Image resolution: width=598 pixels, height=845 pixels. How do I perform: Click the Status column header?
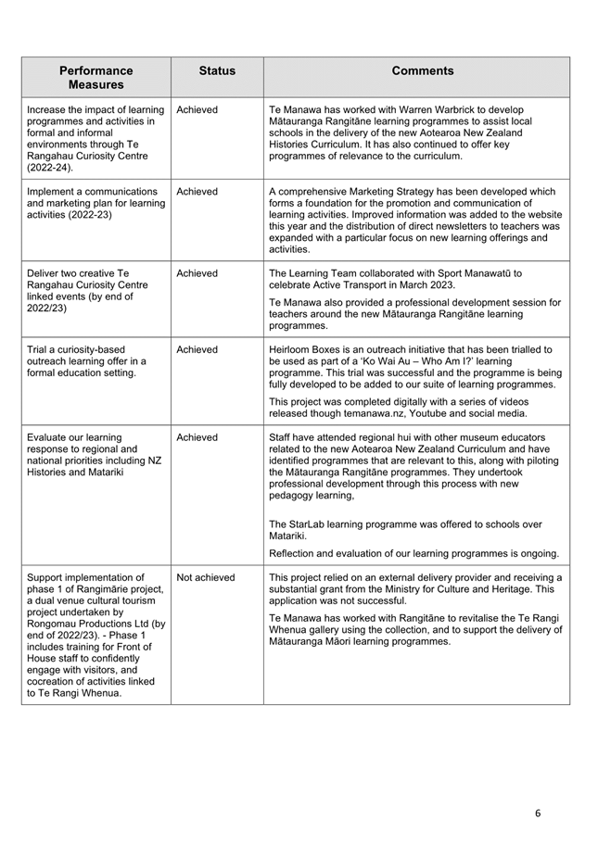tap(217, 71)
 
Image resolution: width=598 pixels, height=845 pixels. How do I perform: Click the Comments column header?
tap(422, 71)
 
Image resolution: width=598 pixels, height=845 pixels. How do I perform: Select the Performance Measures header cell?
tap(95, 78)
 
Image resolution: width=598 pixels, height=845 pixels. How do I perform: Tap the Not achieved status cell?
tap(206, 577)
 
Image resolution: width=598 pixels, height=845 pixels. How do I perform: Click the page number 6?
tap(538, 813)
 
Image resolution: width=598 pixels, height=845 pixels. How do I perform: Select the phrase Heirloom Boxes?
tap(304, 349)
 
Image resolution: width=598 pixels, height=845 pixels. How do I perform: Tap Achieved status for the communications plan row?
tap(197, 192)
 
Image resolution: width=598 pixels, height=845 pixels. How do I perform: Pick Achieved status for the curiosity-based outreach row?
tap(197, 349)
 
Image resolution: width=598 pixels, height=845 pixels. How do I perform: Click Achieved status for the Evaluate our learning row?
tap(197, 437)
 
